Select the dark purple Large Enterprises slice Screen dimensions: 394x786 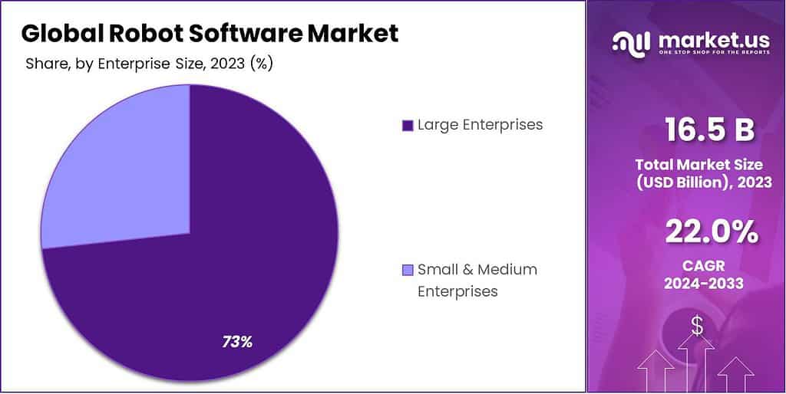[230, 253]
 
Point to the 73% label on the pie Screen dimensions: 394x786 [237, 342]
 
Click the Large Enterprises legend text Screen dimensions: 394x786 [480, 124]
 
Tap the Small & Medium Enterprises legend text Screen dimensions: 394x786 [477, 280]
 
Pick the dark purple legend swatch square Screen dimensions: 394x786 [407, 125]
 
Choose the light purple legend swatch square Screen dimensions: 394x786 [407, 270]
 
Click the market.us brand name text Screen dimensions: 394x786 [706, 39]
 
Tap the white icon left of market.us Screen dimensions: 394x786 [630, 43]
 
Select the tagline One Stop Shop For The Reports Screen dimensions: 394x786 [705, 54]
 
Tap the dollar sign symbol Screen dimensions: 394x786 [697, 326]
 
